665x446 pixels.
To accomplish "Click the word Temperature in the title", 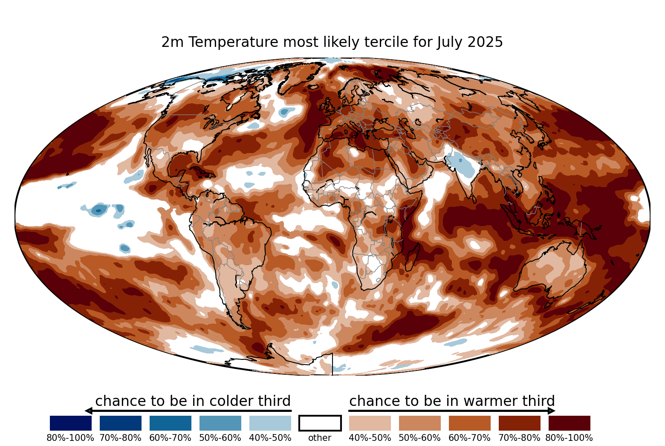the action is point(233,42).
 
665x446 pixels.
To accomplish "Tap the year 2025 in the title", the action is point(485,42).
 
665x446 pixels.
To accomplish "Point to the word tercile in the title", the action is point(383,42).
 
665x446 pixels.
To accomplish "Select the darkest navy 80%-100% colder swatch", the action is point(71,423).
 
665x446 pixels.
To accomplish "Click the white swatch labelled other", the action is point(320,423).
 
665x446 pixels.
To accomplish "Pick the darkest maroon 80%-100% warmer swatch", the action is point(570,423).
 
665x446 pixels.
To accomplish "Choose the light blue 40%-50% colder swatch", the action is point(270,423).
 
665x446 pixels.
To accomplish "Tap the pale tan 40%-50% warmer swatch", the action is point(370,423).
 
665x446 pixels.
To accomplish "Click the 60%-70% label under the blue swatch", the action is point(171,438).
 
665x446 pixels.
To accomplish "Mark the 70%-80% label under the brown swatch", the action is point(520,438).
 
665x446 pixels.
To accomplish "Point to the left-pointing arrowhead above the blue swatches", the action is point(89,411).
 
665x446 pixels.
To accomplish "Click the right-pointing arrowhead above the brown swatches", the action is point(552,411).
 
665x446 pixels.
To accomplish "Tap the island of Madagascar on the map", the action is point(413,257).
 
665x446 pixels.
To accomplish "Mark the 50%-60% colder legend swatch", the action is point(220,423).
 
